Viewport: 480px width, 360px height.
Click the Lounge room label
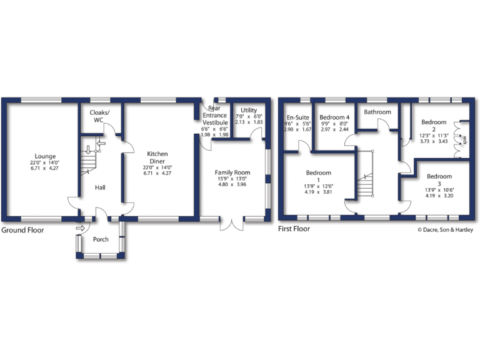(46, 156)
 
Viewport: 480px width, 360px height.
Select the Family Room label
(232, 172)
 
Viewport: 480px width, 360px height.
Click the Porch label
(101, 239)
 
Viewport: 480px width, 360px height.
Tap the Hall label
(100, 187)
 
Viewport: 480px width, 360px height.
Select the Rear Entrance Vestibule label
(215, 116)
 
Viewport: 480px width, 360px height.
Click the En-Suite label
(298, 117)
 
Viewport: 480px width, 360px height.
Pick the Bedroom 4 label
(334, 117)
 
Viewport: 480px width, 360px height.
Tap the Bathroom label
(378, 112)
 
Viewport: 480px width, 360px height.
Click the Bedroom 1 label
(319, 177)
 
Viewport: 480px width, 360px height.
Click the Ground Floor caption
(22, 230)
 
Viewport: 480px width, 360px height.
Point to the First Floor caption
(294, 229)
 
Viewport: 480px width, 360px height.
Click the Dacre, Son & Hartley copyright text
(445, 229)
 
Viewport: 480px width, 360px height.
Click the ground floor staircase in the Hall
(89, 162)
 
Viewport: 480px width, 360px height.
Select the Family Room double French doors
(232, 223)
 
